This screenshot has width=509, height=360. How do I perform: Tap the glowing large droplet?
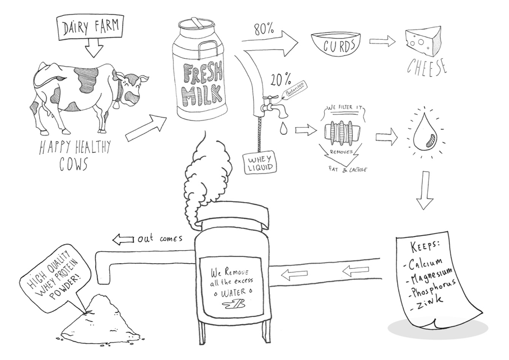click(x=424, y=135)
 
